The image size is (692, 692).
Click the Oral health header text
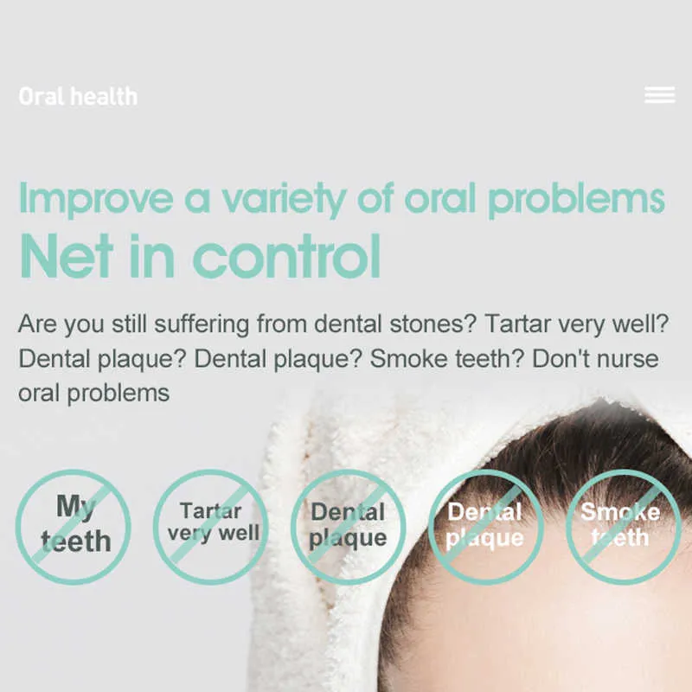click(78, 96)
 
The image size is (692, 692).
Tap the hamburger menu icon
click(660, 95)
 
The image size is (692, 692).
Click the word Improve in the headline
click(96, 199)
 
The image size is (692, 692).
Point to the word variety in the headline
click(284, 200)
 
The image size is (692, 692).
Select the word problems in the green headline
click(576, 200)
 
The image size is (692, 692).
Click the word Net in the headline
click(67, 255)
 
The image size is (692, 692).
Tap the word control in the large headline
click(286, 255)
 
